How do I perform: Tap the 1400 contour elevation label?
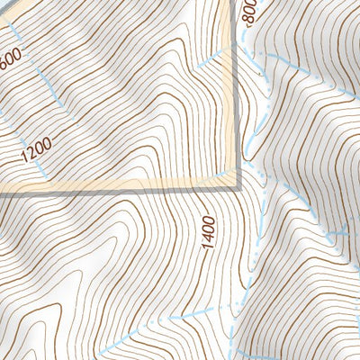[x=209, y=233]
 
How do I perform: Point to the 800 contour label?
[x=249, y=12]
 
